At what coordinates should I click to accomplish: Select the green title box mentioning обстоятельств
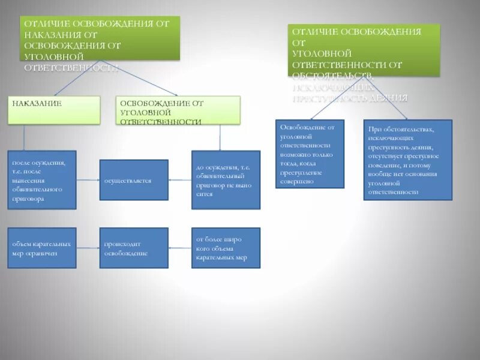364,50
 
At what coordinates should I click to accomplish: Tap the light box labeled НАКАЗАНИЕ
54,110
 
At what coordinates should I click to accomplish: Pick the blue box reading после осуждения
42,179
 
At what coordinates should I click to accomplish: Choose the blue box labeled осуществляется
133,179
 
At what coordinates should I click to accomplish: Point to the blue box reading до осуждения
226,179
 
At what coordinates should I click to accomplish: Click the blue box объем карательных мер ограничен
42,248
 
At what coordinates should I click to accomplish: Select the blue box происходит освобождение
133,248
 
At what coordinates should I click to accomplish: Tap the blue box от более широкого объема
226,248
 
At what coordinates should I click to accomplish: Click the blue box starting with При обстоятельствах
408,160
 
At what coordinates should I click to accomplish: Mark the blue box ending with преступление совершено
310,154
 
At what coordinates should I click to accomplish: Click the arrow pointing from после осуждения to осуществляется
88,179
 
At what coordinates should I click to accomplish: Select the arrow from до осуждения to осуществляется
180,179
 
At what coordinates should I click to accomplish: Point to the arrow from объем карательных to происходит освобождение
88,248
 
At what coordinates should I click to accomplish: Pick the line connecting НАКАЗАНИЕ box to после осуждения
24,137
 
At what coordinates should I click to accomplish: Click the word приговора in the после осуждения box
28,199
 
